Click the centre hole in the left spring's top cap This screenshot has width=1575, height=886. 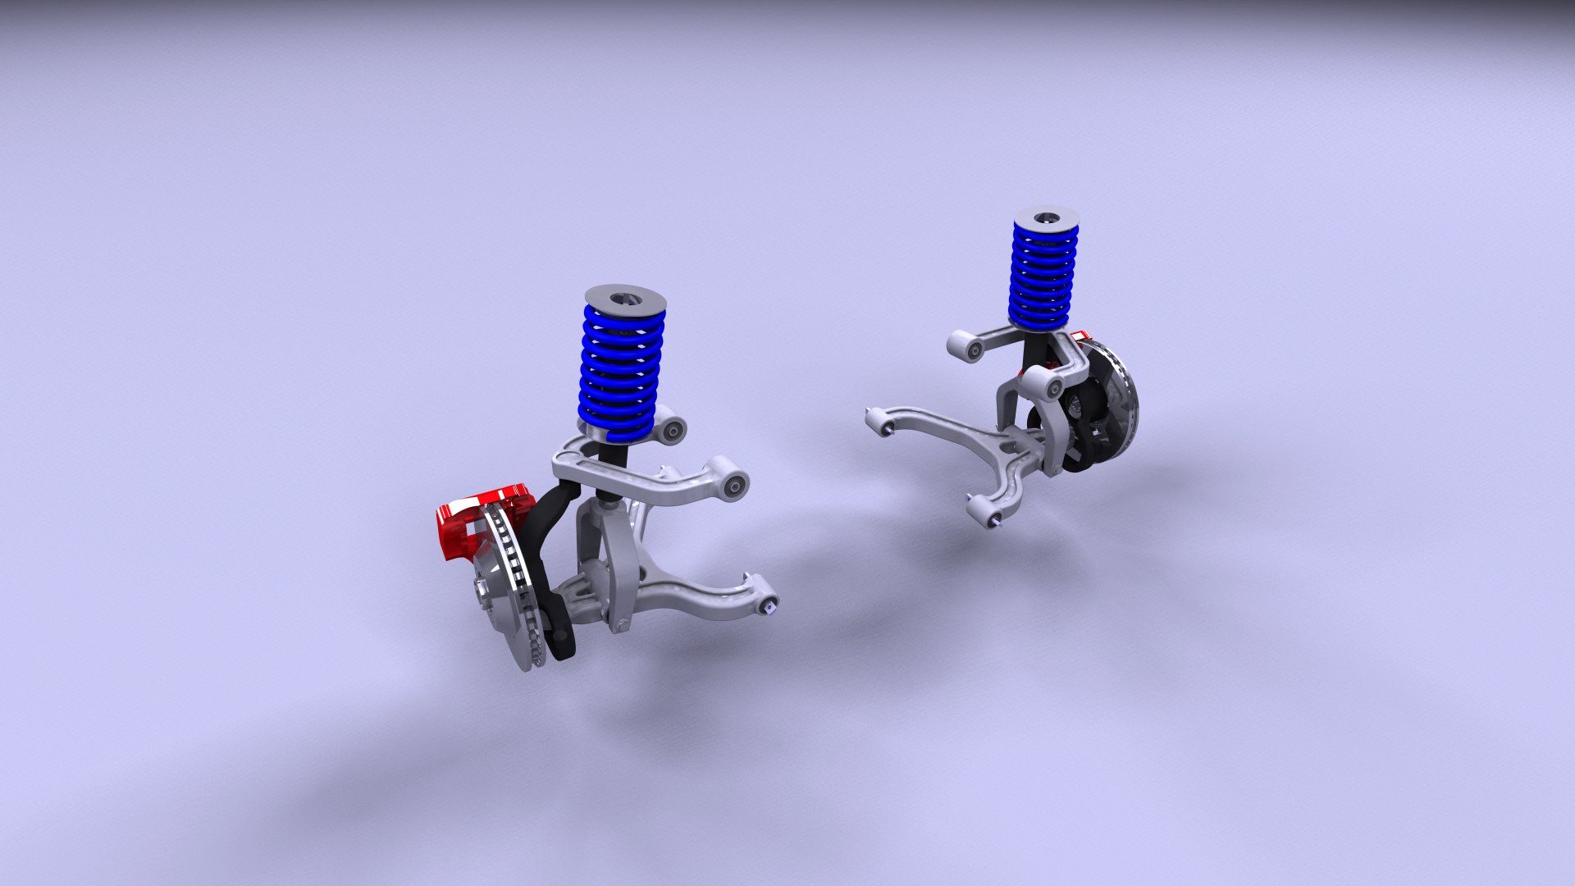click(x=627, y=297)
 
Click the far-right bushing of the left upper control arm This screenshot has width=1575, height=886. click(x=735, y=486)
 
